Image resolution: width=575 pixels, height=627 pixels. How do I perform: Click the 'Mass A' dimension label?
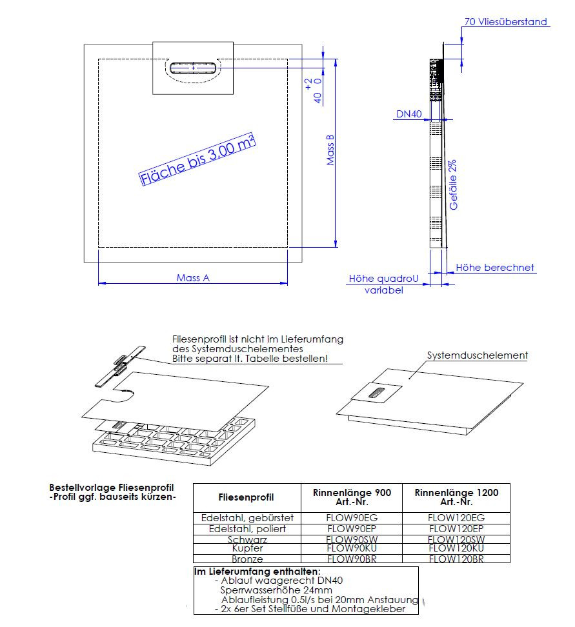(193, 278)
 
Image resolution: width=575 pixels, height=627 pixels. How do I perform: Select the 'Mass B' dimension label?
(330, 150)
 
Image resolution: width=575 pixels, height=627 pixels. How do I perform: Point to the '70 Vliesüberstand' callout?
(506, 22)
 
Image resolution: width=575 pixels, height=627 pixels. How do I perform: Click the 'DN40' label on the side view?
(409, 114)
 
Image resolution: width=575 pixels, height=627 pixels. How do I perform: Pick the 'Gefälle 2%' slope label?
(454, 184)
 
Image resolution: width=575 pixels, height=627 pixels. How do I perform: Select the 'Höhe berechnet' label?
(495, 267)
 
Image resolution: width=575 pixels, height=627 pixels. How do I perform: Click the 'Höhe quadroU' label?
(383, 279)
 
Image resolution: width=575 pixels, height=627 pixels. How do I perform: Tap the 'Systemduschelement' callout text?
(478, 355)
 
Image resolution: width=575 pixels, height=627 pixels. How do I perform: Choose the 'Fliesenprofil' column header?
(247, 497)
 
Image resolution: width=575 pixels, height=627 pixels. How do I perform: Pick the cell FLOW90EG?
(351, 517)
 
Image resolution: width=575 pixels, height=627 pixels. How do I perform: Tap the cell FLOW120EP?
(456, 528)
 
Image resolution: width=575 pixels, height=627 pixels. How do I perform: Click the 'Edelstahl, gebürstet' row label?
(247, 517)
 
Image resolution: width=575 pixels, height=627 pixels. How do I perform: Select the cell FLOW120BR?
(456, 559)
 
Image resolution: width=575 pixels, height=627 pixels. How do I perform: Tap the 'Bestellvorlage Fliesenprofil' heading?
(112, 488)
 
